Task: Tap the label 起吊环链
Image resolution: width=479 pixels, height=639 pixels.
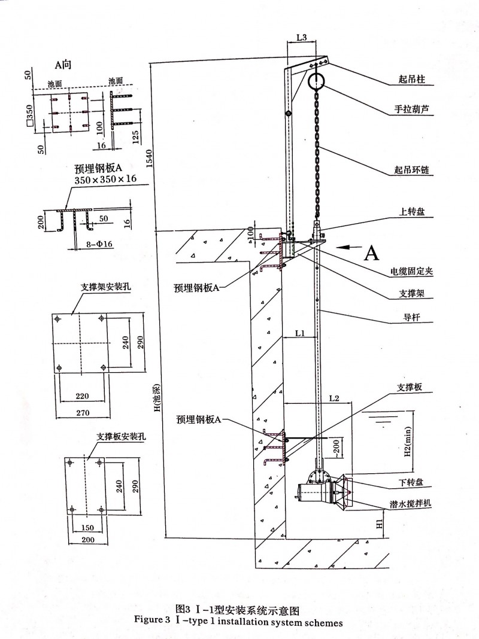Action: pos(411,171)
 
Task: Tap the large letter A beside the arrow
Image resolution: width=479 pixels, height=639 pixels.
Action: pos(372,253)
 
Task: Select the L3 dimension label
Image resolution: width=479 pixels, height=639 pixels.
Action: pos(302,38)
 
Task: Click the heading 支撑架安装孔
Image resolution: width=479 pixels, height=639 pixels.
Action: pos(106,287)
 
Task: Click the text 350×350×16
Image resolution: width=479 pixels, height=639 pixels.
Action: pos(105,179)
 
